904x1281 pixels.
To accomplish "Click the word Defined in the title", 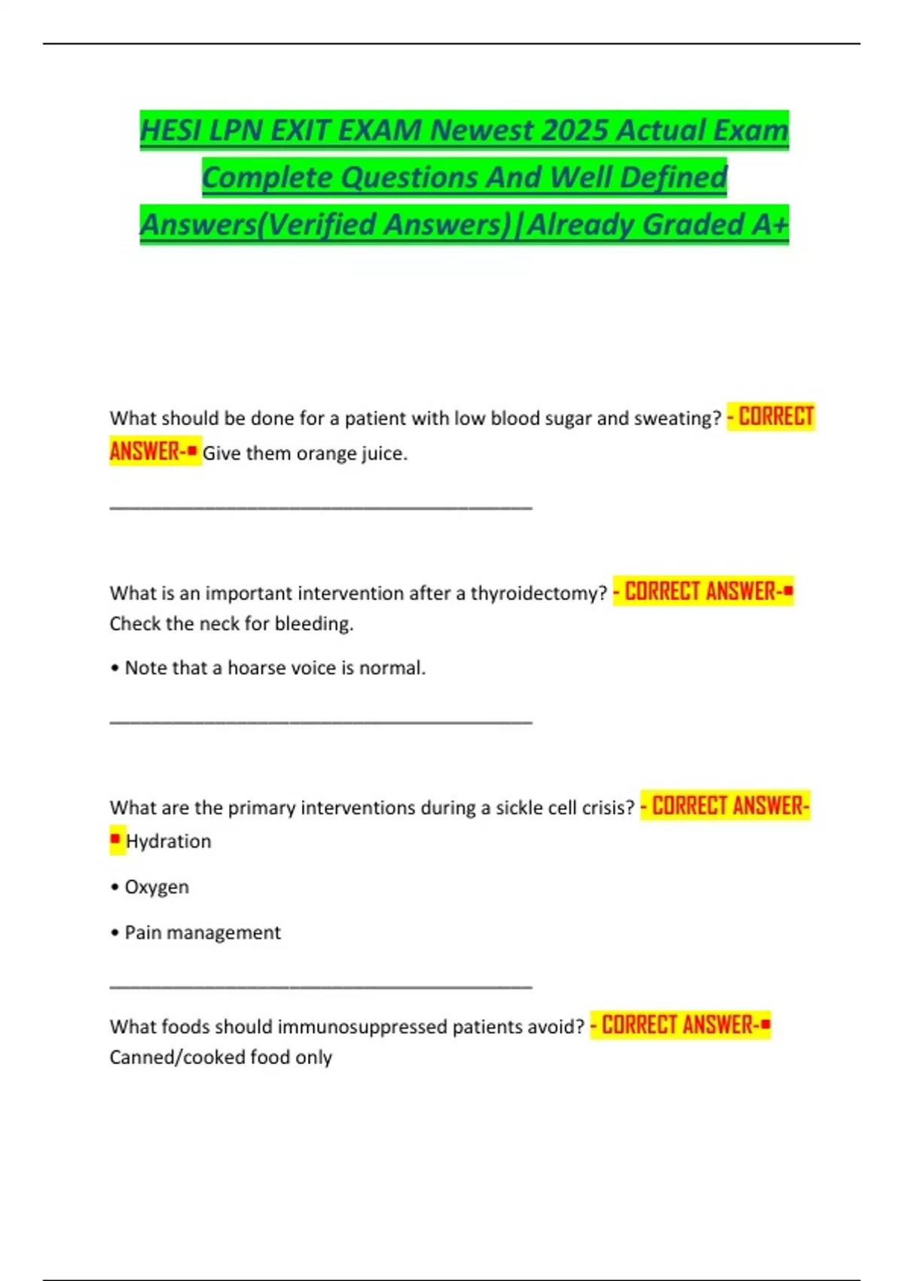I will (673, 178).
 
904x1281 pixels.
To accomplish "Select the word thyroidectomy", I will (539, 593).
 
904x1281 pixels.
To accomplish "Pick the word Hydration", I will (169, 841).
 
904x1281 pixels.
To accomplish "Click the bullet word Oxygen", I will (157, 887).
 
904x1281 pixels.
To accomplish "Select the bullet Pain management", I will (202, 933).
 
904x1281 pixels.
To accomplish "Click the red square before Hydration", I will (115, 839).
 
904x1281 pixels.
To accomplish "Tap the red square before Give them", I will (192, 451).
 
